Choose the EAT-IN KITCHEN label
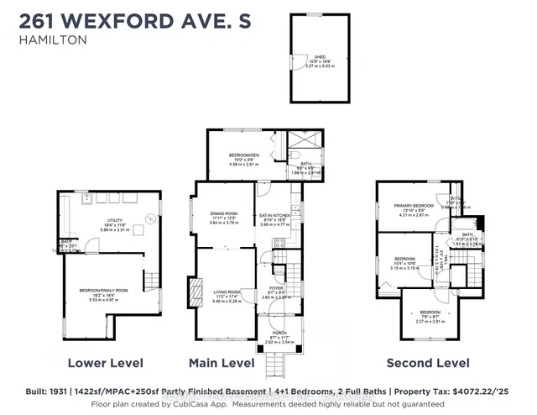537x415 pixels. click(274, 216)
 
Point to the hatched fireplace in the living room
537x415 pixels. click(197, 294)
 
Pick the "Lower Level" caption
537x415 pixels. click(104, 363)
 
